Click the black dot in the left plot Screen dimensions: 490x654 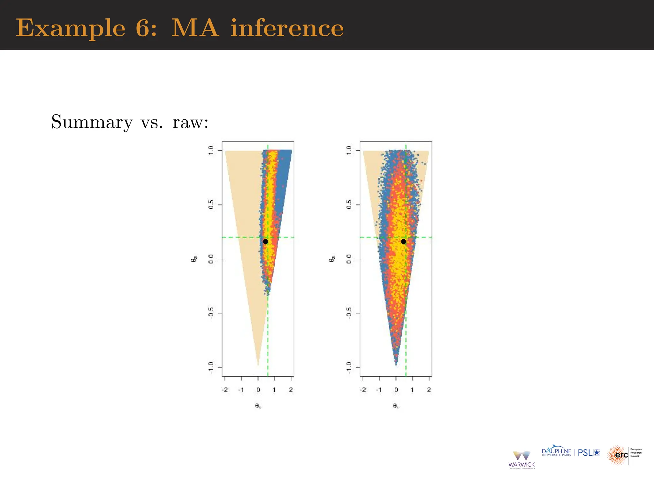pyautogui.click(x=265, y=241)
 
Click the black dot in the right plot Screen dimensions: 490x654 pyautogui.click(x=403, y=241)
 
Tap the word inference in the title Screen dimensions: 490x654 pyautogui.click(x=287, y=28)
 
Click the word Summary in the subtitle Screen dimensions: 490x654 pyautogui.click(x=92, y=122)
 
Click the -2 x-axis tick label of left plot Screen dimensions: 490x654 pyautogui.click(x=224, y=390)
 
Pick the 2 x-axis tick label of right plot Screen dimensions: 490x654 pyautogui.click(x=429, y=390)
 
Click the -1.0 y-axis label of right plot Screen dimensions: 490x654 pyautogui.click(x=349, y=368)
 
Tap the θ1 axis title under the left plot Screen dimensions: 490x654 pyautogui.click(x=258, y=406)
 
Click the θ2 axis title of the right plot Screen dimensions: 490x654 pyautogui.click(x=332, y=259)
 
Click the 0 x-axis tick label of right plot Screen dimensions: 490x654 pyautogui.click(x=396, y=390)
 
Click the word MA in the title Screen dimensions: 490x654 pyautogui.click(x=195, y=28)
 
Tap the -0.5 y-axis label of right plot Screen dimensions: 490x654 pyautogui.click(x=349, y=314)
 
